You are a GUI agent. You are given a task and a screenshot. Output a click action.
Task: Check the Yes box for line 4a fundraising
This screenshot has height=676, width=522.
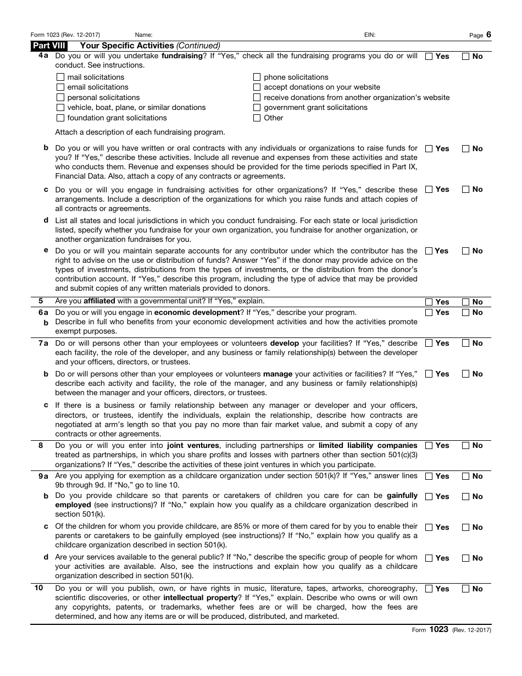(429, 56)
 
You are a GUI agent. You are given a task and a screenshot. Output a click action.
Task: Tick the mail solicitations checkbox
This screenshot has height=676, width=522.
(60, 77)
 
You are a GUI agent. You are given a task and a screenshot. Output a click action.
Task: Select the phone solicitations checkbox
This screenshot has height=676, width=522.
(257, 77)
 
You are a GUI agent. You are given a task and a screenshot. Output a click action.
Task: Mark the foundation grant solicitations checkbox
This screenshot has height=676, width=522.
(60, 118)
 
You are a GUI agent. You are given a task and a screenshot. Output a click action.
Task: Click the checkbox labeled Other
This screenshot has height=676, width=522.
(257, 118)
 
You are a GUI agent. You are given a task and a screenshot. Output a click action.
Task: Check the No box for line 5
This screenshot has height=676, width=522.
(466, 302)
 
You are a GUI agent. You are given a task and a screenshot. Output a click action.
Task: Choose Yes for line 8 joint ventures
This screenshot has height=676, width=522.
(429, 446)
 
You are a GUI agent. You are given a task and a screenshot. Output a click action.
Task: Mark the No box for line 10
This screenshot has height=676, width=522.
(466, 589)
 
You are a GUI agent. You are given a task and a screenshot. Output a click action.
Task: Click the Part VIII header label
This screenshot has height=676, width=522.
(49, 46)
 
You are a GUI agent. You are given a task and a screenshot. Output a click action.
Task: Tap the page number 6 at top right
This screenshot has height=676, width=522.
(488, 35)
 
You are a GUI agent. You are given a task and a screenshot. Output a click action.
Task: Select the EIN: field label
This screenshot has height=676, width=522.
(370, 35)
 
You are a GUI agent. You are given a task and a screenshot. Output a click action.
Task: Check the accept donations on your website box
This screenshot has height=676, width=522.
(257, 87)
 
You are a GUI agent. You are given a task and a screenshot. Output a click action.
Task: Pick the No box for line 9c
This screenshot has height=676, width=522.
(466, 527)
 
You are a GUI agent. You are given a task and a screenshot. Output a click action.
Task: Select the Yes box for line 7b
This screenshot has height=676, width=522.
(429, 374)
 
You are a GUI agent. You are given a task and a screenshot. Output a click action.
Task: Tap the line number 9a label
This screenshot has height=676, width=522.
(43, 476)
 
